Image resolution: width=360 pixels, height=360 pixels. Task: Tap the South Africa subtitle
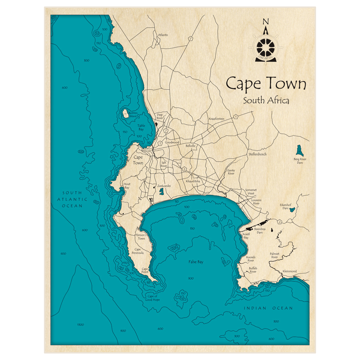266,100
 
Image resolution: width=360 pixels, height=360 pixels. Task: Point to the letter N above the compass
266,22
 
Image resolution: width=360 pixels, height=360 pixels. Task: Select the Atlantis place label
163,35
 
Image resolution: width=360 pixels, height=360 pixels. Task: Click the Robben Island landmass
125,114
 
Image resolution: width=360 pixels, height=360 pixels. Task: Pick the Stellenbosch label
257,154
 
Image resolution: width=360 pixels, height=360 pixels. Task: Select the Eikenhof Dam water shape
293,209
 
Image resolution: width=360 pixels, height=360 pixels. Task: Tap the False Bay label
196,262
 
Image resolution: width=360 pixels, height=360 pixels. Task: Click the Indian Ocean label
268,308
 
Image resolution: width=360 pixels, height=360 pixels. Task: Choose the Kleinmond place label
289,270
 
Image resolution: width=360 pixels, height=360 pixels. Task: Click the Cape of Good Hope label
150,297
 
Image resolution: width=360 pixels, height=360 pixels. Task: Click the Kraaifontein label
216,119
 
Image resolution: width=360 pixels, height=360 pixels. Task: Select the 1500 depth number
81,324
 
